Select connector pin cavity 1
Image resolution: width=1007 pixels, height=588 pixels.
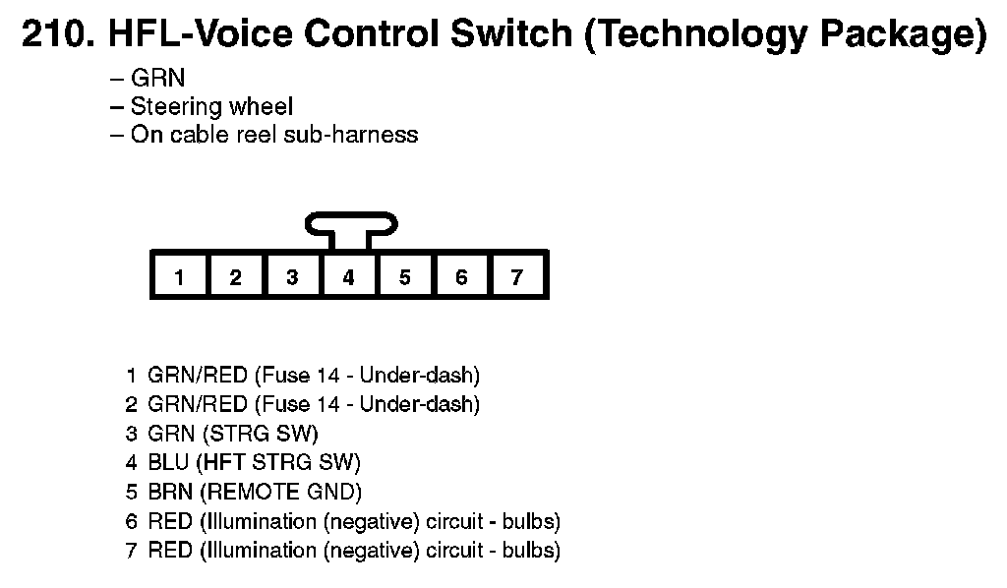(179, 276)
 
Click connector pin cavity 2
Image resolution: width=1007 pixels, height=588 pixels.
(235, 276)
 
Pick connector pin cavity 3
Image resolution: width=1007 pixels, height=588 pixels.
(292, 276)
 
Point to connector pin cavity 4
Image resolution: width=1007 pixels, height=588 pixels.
(348, 276)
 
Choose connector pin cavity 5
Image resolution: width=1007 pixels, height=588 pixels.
(404, 276)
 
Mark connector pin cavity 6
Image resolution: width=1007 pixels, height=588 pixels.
(461, 276)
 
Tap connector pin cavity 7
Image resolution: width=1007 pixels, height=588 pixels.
(517, 276)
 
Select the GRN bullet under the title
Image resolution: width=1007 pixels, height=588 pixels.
(157, 79)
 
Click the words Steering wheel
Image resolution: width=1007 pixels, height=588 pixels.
(211, 106)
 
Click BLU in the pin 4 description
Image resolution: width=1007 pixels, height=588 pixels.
(169, 462)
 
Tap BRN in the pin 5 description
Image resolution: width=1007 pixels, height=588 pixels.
(170, 492)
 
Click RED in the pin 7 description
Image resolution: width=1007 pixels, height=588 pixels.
(170, 550)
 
